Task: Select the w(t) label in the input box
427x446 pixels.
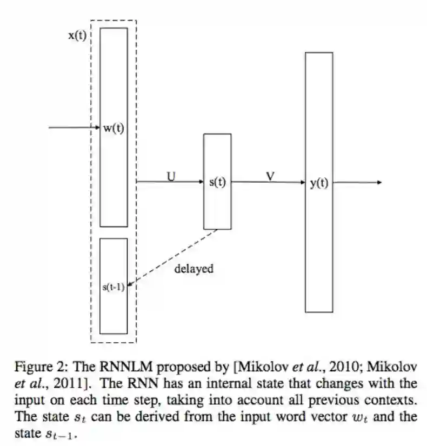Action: (x=114, y=128)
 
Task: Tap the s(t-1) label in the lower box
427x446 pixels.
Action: (x=114, y=287)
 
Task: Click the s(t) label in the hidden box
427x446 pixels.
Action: (x=217, y=182)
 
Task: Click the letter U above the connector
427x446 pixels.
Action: (x=171, y=175)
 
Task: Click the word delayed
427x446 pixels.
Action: (x=194, y=269)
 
